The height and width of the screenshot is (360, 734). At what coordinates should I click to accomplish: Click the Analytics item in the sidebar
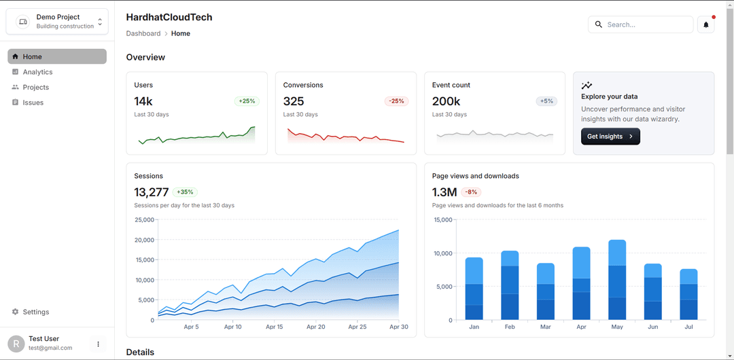(37, 72)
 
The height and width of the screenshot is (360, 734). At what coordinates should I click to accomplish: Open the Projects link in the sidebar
(35, 87)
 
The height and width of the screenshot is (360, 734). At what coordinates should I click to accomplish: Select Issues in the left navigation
(33, 103)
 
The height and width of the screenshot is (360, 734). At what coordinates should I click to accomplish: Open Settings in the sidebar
(35, 312)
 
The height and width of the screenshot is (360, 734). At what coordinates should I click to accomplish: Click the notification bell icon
(705, 24)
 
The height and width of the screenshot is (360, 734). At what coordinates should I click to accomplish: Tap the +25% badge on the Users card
(247, 101)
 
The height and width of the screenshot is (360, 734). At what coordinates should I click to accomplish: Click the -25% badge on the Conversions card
(396, 101)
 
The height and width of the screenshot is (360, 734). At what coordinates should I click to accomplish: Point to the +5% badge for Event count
(546, 101)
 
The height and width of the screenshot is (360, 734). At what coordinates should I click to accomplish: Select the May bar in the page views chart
(617, 280)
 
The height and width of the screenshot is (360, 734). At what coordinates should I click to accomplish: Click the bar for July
(688, 294)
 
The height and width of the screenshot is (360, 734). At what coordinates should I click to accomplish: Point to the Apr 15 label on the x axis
(275, 327)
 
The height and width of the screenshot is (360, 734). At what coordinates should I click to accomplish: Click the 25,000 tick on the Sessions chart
(145, 220)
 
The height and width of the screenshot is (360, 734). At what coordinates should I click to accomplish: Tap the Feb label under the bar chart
(510, 327)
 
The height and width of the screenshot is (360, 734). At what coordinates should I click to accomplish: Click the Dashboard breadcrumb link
(143, 33)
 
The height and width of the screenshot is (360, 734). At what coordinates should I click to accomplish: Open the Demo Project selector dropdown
(57, 22)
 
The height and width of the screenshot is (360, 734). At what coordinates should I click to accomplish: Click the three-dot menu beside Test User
(98, 344)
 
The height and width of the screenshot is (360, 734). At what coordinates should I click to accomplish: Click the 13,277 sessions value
(151, 192)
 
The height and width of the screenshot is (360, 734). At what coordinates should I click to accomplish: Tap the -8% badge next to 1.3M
(471, 192)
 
